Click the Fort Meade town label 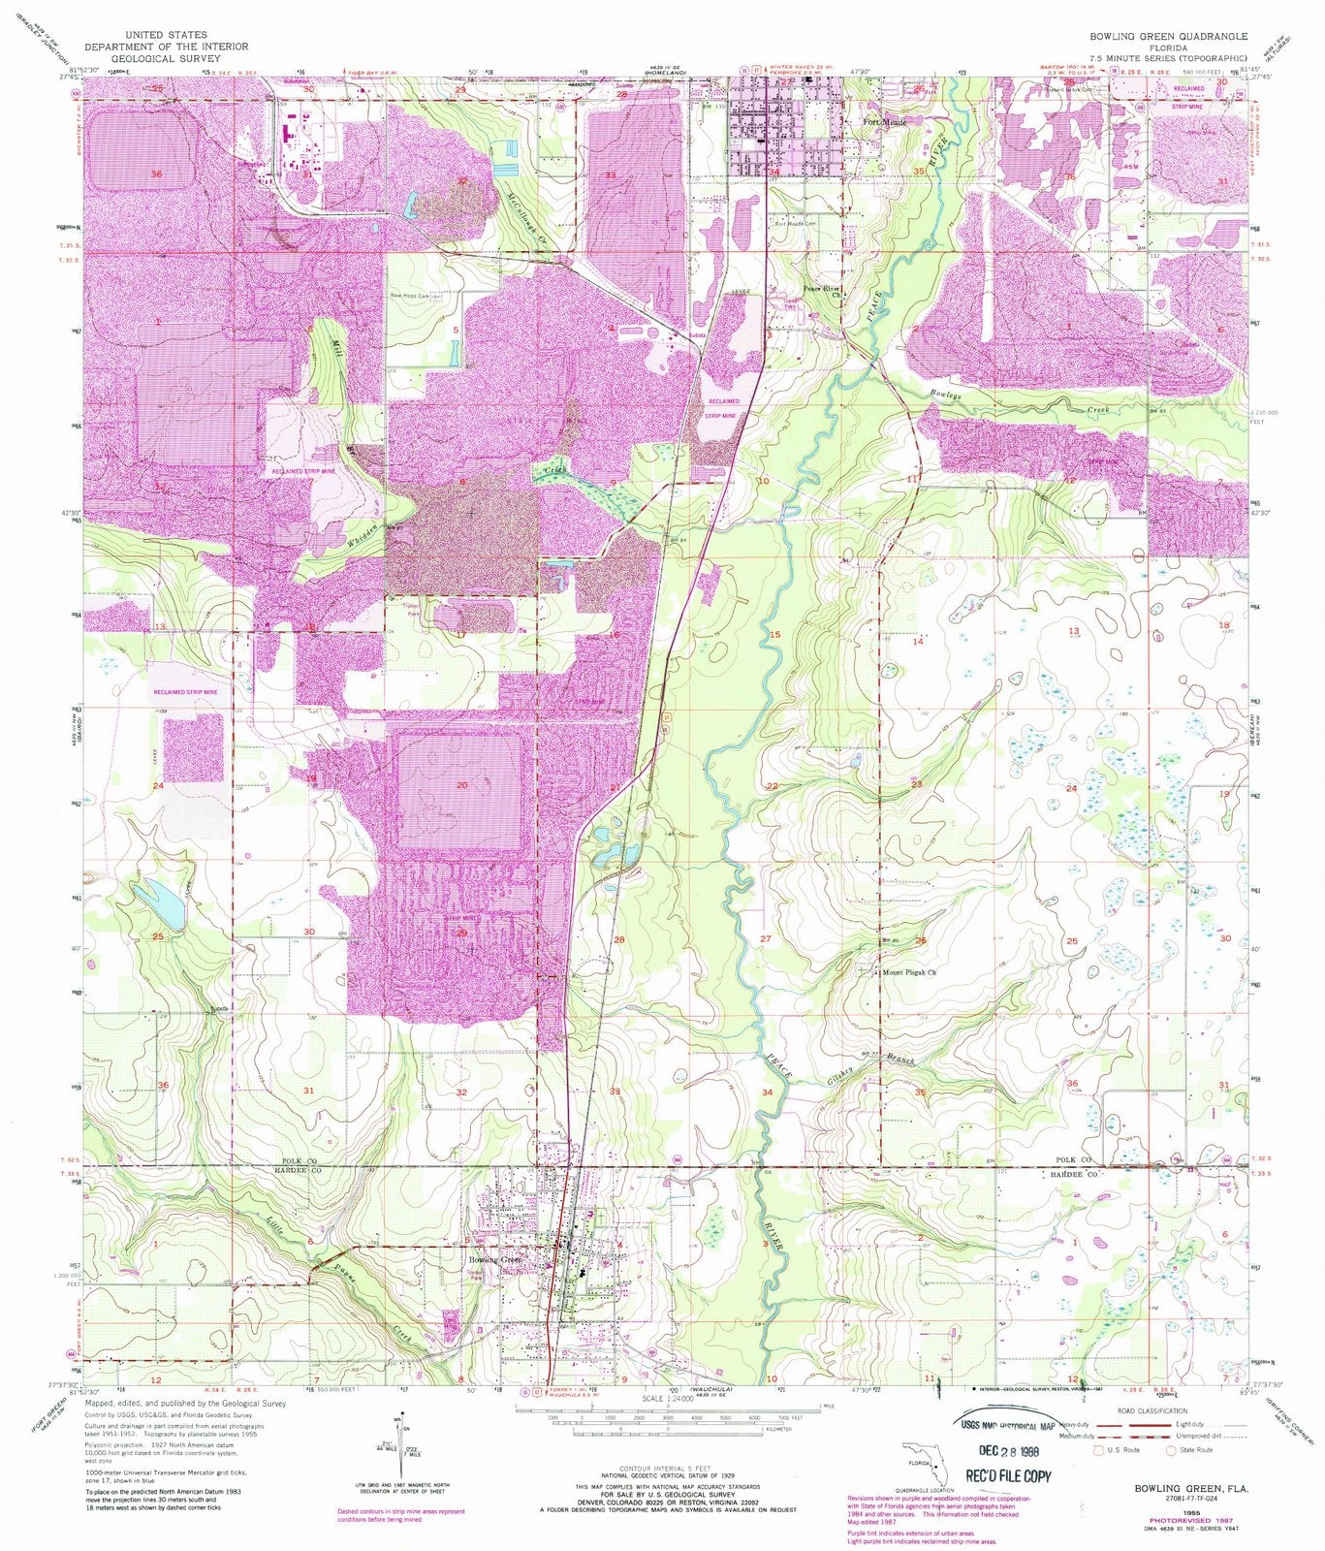[883, 123]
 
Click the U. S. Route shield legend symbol [1098, 1450]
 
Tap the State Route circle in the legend [1171, 1450]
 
